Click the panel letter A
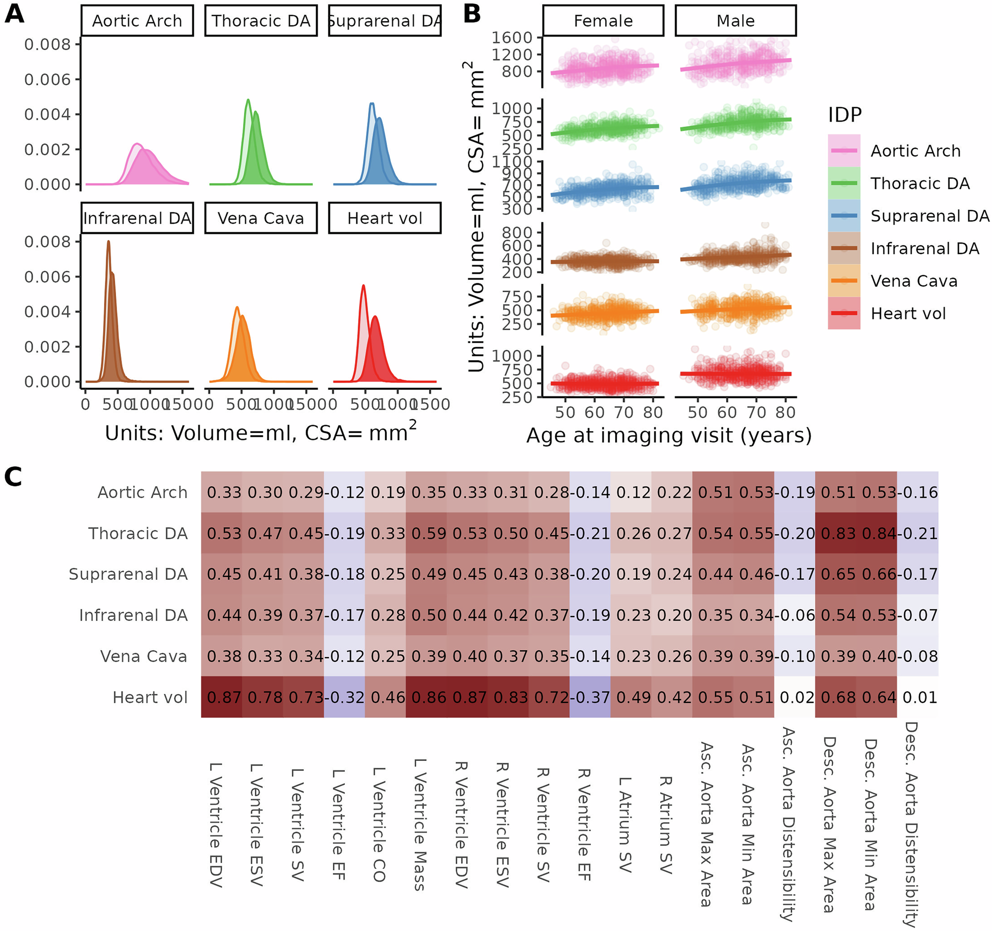(14, 14)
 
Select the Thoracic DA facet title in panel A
(260, 21)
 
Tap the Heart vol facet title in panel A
(384, 218)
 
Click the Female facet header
(603, 21)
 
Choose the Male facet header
(735, 21)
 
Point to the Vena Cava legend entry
(913, 281)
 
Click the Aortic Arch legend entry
(915, 151)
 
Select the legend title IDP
(845, 115)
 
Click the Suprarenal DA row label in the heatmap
(128, 574)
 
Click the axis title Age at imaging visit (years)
(669, 435)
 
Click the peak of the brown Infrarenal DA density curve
(108, 242)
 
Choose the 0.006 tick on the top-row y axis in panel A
(48, 79)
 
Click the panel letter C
(13, 477)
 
